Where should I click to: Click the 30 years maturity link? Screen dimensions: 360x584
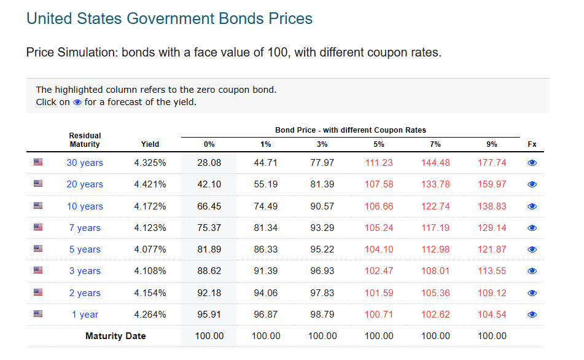point(85,163)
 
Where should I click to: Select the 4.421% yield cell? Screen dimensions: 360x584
point(150,184)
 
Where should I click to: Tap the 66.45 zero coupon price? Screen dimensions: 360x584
point(209,206)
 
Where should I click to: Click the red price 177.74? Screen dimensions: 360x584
point(492,163)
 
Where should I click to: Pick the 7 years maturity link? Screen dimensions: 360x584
point(85,228)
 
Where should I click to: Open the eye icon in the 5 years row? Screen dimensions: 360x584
point(532,249)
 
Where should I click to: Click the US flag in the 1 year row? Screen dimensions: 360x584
point(38,314)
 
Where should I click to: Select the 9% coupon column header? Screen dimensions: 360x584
point(492,144)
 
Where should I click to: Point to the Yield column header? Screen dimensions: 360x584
point(150,144)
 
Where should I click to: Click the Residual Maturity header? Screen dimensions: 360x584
point(85,140)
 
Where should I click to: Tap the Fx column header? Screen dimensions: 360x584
point(532,144)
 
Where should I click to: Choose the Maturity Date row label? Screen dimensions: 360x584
point(115,336)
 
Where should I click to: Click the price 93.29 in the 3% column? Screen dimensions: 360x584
point(322,228)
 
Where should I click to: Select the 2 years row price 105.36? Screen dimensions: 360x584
point(435,293)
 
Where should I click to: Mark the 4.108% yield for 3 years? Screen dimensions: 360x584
point(150,271)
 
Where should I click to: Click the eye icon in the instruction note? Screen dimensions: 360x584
point(77,103)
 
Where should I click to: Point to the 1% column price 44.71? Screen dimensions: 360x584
point(266,163)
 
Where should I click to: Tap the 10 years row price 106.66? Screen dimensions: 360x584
point(379,206)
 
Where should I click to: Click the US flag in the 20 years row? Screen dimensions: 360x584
point(38,184)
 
